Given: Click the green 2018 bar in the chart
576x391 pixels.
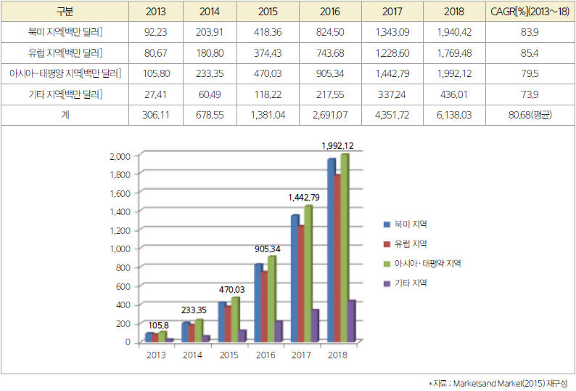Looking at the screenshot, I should point(344,247).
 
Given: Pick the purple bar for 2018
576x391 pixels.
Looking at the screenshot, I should point(351,321).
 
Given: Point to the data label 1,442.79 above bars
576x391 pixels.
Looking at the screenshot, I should point(304,197).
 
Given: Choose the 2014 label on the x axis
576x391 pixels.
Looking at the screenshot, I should point(192,355).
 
